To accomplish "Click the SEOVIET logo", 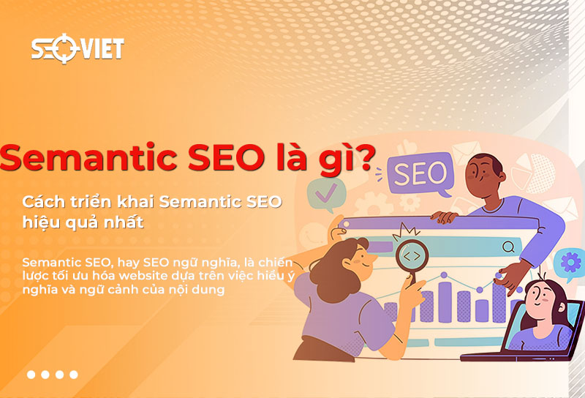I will coord(77,49).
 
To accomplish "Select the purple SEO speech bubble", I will coord(420,174).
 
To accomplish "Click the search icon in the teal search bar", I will coord(508,247).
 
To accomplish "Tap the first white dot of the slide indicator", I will coord(31,375).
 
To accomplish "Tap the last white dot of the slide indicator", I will coord(74,375).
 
